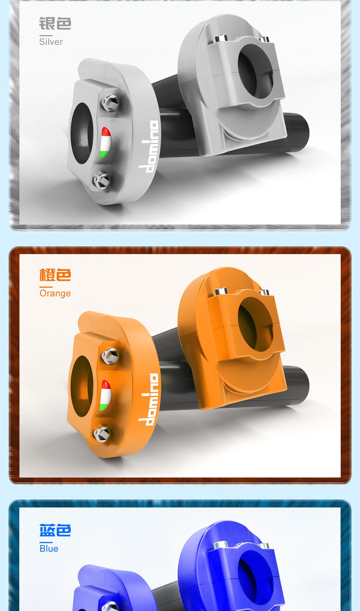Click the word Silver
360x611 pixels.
[51, 42]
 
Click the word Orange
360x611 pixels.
[55, 293]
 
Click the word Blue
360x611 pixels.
[49, 548]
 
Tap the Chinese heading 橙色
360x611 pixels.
[55, 275]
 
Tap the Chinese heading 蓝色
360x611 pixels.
[55, 530]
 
